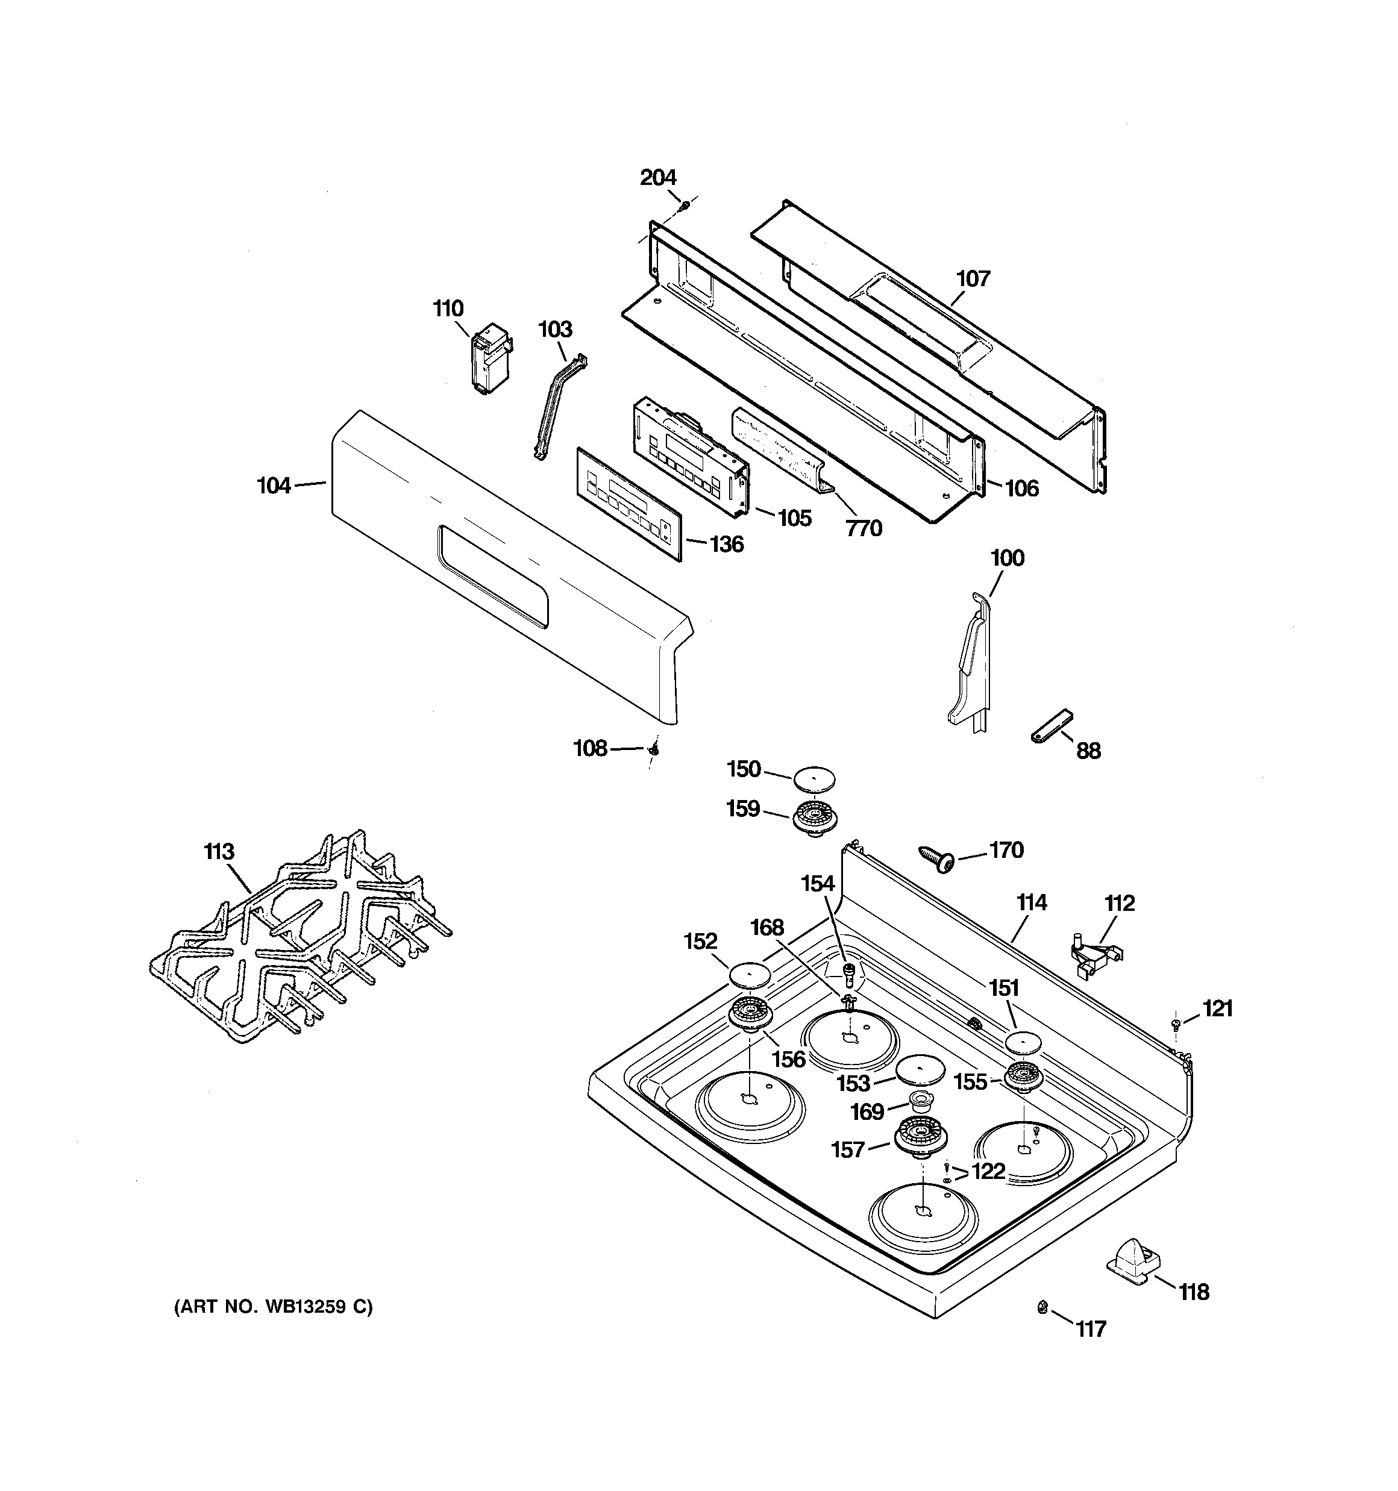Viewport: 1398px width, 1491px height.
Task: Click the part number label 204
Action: pyautogui.click(x=657, y=178)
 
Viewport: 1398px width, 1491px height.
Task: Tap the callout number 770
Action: pyautogui.click(x=864, y=529)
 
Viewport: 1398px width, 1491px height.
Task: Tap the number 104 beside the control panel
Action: pyautogui.click(x=274, y=486)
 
